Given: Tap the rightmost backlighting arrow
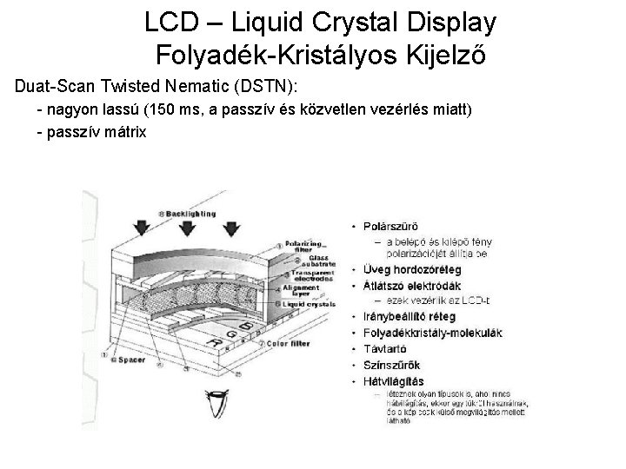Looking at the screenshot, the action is [x=230, y=228].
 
